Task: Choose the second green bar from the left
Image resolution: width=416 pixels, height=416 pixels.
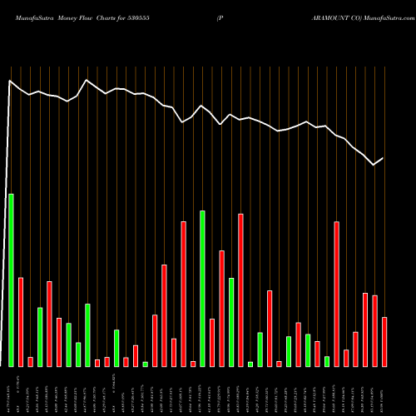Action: pyautogui.click(x=40, y=336)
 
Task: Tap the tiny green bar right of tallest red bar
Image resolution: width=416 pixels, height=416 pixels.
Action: pyautogui.click(x=250, y=364)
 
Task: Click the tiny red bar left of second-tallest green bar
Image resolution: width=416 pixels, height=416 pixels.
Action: pyautogui.click(x=193, y=364)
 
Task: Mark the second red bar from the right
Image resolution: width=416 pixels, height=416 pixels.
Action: pyautogui.click(x=375, y=330)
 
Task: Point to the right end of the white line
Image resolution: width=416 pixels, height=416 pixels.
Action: pyautogui.click(x=383, y=158)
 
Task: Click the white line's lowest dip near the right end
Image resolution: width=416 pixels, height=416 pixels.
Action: pyautogui.click(x=374, y=165)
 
